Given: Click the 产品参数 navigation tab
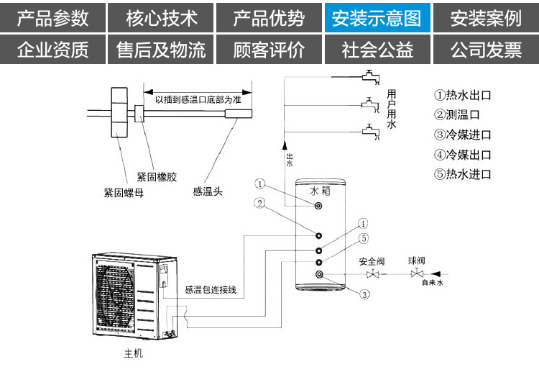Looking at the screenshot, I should click(53, 18).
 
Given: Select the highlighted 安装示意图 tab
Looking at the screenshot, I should click(377, 18).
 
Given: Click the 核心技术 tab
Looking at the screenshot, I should click(161, 18).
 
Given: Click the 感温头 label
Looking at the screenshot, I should click(207, 191).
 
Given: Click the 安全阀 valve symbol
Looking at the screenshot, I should click(373, 275).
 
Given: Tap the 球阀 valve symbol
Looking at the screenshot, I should click(416, 275).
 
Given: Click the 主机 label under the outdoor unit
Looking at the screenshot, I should click(124, 355).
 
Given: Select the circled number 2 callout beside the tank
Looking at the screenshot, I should click(259, 203).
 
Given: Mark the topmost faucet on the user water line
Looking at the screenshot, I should click(369, 75).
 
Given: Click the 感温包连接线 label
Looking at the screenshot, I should click(211, 290).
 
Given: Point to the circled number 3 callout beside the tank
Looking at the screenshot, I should click(365, 294).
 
